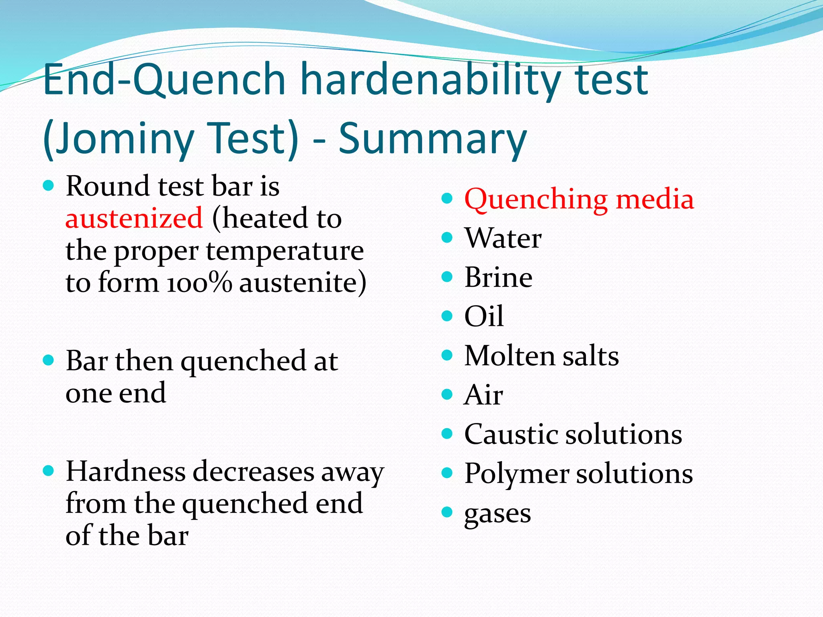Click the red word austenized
(x=134, y=219)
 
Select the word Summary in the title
(x=432, y=139)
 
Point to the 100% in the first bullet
(x=199, y=283)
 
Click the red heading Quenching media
(x=579, y=199)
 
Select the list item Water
(x=503, y=238)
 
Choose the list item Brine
(x=498, y=277)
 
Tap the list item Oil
(x=483, y=316)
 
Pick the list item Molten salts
(x=541, y=356)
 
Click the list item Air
(x=483, y=395)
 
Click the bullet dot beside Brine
(x=447, y=277)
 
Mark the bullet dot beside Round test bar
(x=48, y=186)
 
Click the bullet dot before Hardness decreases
(x=48, y=470)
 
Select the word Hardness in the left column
(x=125, y=471)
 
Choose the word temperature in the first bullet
(x=285, y=251)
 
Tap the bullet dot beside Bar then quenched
(x=48, y=360)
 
